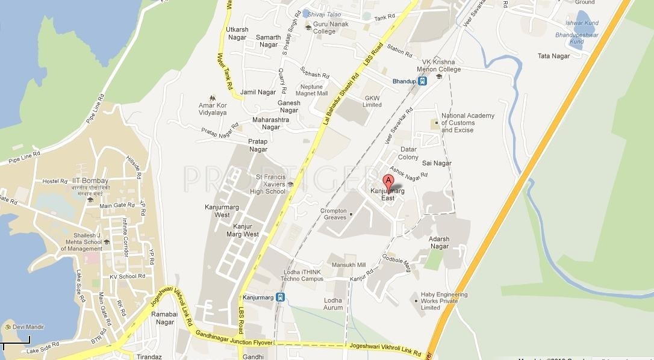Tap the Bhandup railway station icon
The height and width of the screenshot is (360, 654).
tap(422, 81)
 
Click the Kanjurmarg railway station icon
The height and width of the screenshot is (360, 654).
tap(281, 297)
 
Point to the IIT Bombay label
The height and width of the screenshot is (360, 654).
tap(91, 181)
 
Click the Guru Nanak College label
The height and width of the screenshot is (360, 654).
tap(325, 28)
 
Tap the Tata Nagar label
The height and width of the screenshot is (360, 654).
tap(553, 57)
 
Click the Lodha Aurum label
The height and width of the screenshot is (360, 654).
tap(333, 304)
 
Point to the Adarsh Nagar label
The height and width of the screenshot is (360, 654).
tap(439, 243)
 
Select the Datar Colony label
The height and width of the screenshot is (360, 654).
tap(408, 153)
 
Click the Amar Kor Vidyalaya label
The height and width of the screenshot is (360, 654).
tap(213, 109)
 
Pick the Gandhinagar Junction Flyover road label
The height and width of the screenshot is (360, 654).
tap(234, 340)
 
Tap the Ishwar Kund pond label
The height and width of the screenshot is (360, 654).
tap(582, 23)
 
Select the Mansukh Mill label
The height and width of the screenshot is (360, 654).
tap(349, 265)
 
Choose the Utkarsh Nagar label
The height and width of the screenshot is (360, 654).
tap(237, 33)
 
